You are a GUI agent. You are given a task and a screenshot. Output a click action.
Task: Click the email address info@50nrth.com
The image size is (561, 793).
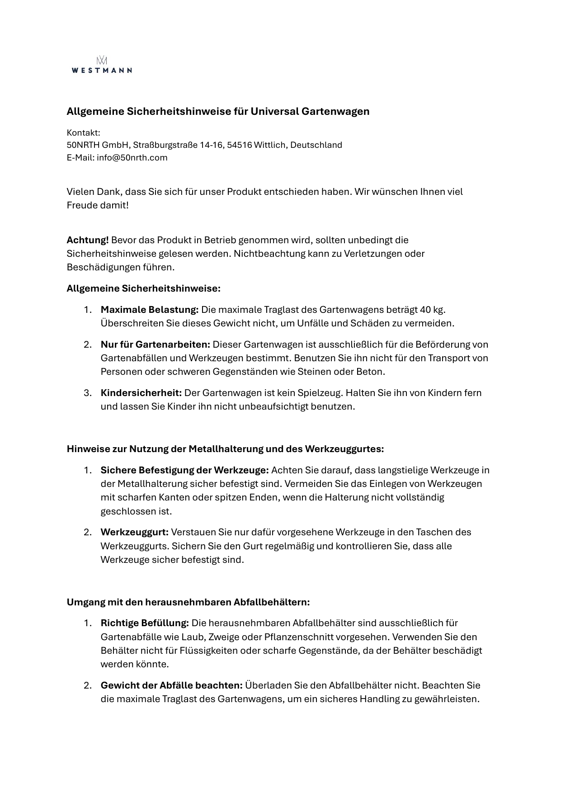click(132, 158)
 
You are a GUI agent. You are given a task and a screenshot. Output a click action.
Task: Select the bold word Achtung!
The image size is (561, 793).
click(88, 240)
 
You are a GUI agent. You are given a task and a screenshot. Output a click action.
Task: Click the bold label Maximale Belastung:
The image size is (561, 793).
click(150, 310)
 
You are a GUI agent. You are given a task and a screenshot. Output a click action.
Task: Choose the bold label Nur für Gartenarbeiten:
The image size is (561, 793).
click(155, 345)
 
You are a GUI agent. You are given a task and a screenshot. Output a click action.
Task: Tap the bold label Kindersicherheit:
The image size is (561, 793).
click(141, 393)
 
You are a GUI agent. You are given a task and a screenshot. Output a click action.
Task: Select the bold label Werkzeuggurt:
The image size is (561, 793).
click(134, 532)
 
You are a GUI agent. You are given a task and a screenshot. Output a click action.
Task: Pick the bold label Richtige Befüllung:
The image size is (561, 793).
click(145, 623)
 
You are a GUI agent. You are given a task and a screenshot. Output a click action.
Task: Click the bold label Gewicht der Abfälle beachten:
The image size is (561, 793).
click(171, 685)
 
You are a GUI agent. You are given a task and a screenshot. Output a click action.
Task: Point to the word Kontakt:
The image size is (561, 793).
click(83, 133)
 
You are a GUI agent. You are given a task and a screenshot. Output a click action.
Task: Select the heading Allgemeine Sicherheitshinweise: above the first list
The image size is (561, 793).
click(143, 288)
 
